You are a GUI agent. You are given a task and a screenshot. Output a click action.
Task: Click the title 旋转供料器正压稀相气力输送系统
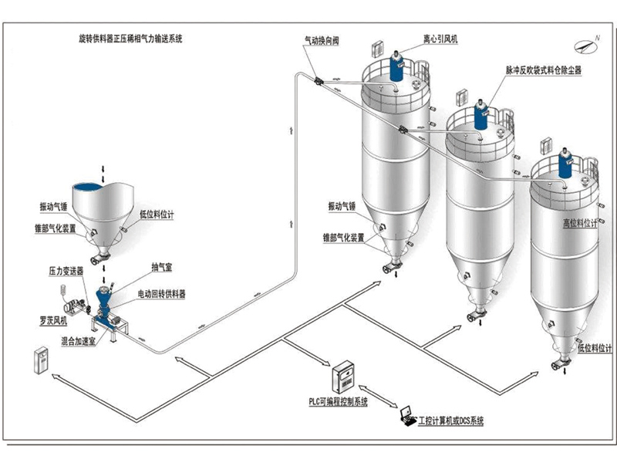click(130, 36)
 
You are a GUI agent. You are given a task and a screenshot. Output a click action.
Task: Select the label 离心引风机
click(440, 39)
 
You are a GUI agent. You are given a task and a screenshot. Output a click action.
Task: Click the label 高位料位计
click(580, 224)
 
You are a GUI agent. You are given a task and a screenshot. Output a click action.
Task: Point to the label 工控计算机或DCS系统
click(450, 422)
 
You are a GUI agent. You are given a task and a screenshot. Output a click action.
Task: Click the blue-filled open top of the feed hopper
click(93, 187)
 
